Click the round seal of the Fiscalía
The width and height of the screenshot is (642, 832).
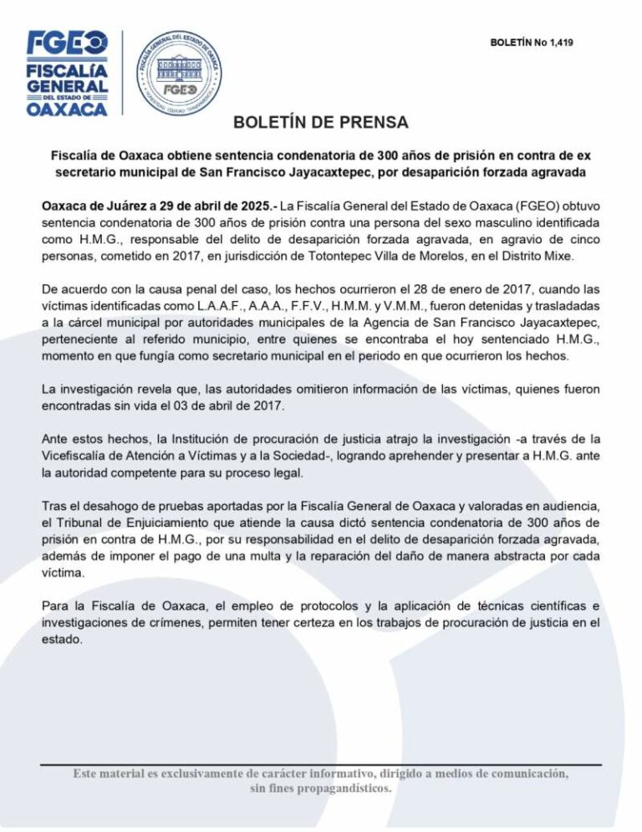(x=181, y=74)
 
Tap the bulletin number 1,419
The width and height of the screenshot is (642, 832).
(x=558, y=41)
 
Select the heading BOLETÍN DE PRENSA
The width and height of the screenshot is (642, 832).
(x=320, y=122)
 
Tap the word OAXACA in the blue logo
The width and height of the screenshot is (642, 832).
(x=67, y=109)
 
